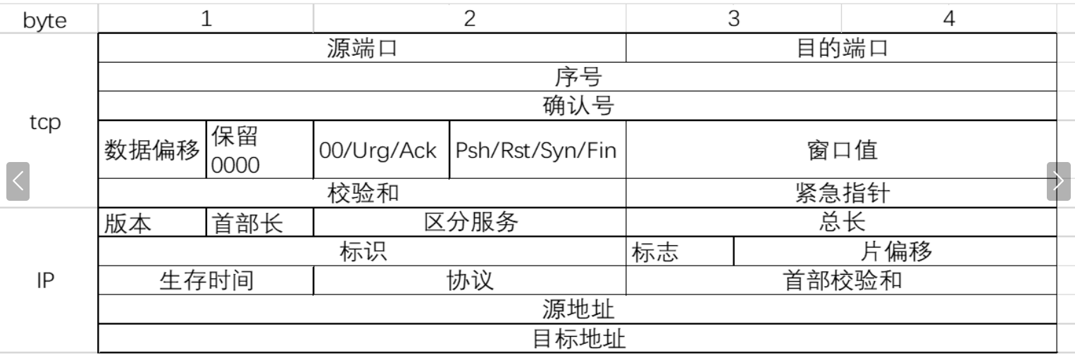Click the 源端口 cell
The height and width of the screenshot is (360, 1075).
click(362, 49)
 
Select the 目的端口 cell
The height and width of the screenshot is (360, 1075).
click(841, 49)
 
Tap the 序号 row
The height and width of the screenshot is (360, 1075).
click(578, 77)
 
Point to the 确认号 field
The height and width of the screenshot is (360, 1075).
click(578, 106)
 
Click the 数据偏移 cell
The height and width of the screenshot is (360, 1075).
click(152, 150)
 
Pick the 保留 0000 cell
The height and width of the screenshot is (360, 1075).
click(259, 150)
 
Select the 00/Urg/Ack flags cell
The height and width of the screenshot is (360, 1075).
click(380, 150)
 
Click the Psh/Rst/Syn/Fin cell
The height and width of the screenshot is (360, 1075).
click(537, 150)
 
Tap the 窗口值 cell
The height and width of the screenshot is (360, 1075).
click(841, 150)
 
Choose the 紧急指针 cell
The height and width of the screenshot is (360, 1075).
click(841, 194)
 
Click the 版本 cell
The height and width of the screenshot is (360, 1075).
click(152, 223)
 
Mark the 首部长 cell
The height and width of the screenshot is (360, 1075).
click(259, 223)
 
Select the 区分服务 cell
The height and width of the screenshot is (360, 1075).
click(470, 223)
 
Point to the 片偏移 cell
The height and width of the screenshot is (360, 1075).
click(895, 252)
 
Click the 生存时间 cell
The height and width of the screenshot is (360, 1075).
click(206, 281)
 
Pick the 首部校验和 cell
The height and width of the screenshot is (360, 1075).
click(841, 281)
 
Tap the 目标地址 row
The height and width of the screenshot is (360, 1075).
click(578, 340)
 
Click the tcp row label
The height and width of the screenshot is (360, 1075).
click(45, 122)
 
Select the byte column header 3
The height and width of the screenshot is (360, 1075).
click(733, 19)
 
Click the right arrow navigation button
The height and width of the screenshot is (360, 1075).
click(1058, 182)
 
